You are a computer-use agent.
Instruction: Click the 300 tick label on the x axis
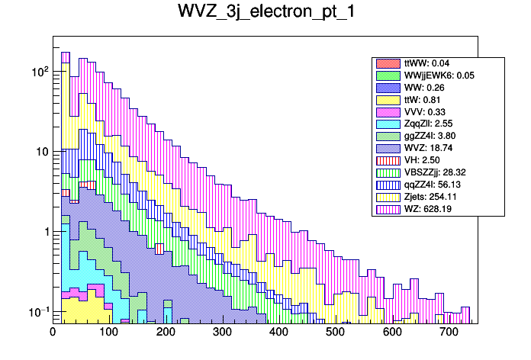(x=222, y=332)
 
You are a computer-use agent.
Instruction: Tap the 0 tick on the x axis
(x=53, y=332)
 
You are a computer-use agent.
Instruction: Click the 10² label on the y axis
(x=39, y=71)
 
